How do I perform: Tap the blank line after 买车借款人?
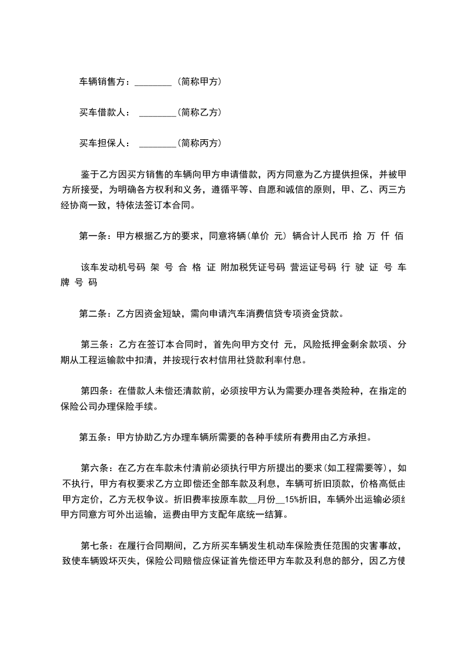point(158,113)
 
